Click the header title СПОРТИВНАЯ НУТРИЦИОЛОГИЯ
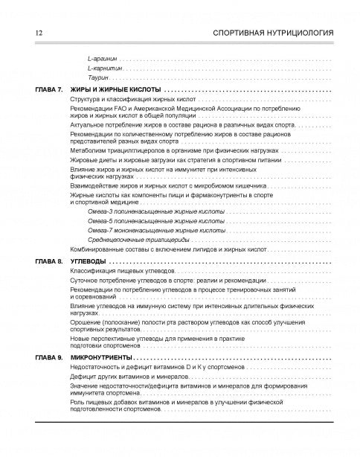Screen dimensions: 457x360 272,33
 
